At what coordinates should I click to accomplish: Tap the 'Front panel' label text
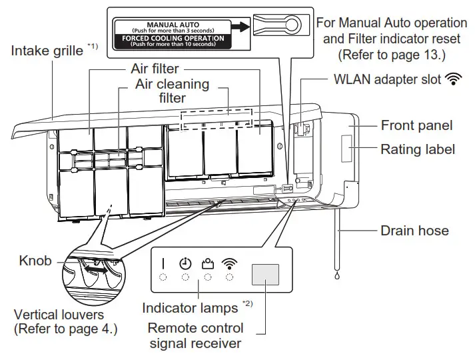[416, 126]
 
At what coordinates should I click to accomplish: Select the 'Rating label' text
[418, 149]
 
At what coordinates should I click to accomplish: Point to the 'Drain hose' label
[414, 231]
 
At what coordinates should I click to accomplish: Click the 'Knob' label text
[35, 261]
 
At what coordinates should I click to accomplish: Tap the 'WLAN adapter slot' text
[387, 80]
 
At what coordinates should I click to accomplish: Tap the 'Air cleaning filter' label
[172, 92]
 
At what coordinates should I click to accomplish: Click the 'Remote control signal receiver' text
[196, 336]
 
